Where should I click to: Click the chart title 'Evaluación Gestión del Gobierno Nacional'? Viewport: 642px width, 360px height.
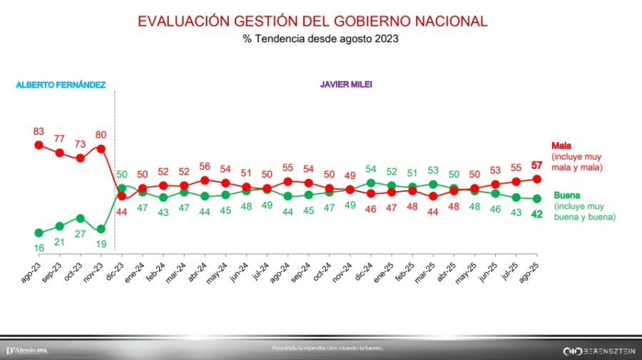coord(312,21)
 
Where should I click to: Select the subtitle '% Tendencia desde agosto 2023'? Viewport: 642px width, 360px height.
coord(320,39)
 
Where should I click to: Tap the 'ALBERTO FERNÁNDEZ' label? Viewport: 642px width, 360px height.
coord(61,85)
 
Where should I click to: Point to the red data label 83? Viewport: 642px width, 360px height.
coord(39,131)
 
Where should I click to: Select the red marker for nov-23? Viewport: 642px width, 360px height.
coord(101,149)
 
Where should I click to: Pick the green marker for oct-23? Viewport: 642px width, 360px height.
coord(81,218)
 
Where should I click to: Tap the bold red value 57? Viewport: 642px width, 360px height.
coord(538,166)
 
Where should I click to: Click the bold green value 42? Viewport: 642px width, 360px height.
coord(538,213)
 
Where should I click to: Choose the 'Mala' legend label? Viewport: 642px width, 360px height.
coord(561,146)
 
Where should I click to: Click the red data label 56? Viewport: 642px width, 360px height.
coord(205,166)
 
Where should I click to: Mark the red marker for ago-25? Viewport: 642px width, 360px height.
coord(537,179)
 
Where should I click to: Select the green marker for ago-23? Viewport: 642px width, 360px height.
coord(39,232)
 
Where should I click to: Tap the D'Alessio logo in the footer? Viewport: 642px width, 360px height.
coord(26,350)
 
